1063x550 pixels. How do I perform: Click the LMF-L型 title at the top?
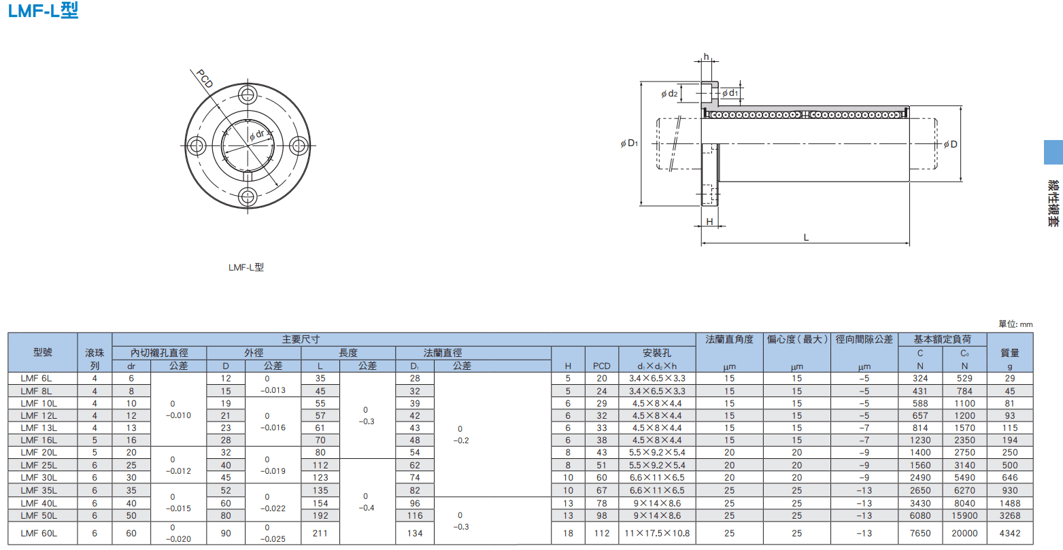point(43,10)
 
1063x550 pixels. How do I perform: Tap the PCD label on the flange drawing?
point(205,78)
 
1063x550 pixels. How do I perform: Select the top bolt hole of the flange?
point(248,95)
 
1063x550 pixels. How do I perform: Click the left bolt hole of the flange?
point(197,145)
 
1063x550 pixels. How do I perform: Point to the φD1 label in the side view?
point(629,143)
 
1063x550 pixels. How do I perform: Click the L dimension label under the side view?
point(806,237)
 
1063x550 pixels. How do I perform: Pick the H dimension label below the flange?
point(709,222)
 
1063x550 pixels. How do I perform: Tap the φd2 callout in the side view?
point(669,94)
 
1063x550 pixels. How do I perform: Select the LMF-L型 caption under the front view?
point(246,267)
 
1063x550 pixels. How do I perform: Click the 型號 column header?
point(43,352)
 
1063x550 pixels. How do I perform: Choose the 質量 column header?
point(1010,353)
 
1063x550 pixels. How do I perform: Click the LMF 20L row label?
point(39,453)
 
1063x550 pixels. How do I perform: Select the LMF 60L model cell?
point(39,534)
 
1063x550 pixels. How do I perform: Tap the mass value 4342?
point(1010,534)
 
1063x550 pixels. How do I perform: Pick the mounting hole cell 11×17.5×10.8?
point(657,534)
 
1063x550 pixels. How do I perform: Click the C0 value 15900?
point(964,515)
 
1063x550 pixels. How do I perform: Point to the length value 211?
point(320,534)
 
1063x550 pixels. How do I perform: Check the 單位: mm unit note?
point(1015,324)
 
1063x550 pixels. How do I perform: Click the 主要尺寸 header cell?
point(301,339)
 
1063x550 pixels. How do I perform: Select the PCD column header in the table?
point(602,366)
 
